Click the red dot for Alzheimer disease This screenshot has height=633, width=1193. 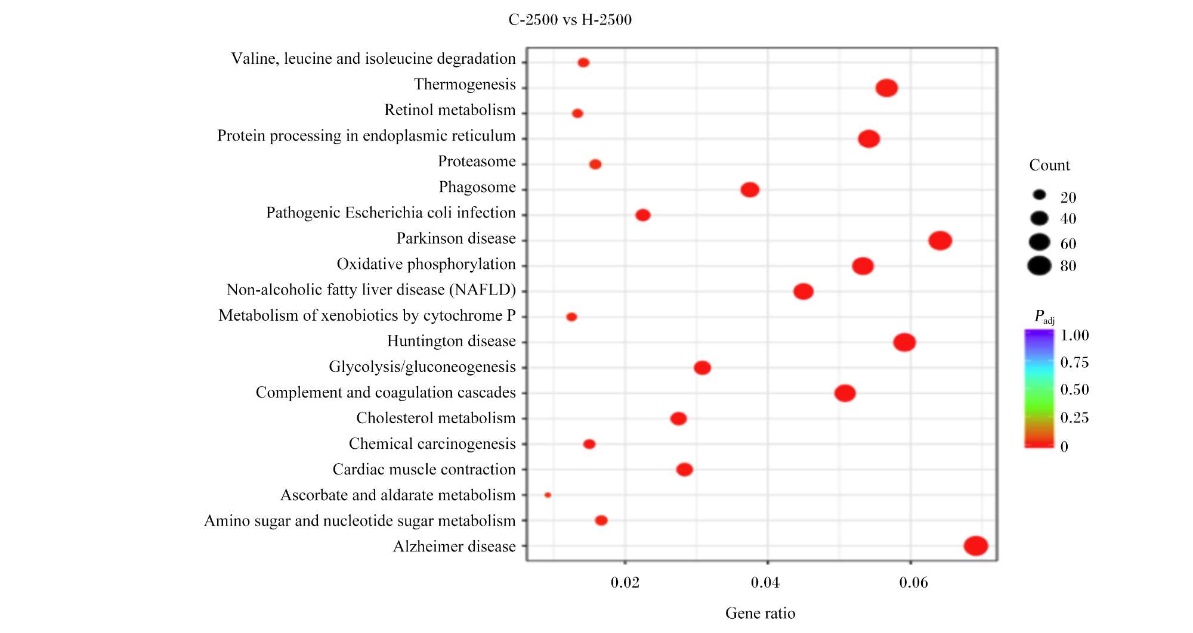click(976, 545)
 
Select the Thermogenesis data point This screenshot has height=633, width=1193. click(886, 88)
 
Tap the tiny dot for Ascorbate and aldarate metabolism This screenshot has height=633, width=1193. click(548, 495)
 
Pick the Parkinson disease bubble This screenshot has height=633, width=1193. click(940, 241)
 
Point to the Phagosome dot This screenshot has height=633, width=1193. click(750, 190)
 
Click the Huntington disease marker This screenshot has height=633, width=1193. click(904, 342)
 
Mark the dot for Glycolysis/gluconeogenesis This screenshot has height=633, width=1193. click(702, 368)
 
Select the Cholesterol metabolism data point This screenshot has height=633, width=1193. click(678, 418)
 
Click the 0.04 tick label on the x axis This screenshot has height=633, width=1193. click(765, 582)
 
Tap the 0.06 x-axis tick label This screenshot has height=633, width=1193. click(914, 582)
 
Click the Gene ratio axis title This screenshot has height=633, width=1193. click(761, 613)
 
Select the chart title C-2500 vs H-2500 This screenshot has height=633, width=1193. click(570, 20)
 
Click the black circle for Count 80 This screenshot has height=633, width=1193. click(1039, 265)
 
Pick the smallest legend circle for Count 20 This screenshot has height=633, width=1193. click(1040, 195)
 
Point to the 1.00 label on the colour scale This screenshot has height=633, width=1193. click(1075, 336)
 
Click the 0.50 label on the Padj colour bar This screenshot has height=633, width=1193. click(1075, 390)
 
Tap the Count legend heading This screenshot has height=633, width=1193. click(1050, 165)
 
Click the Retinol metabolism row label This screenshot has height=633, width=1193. click(450, 110)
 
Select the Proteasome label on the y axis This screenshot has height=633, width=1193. click(477, 162)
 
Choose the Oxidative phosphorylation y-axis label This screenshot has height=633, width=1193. click(426, 264)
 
